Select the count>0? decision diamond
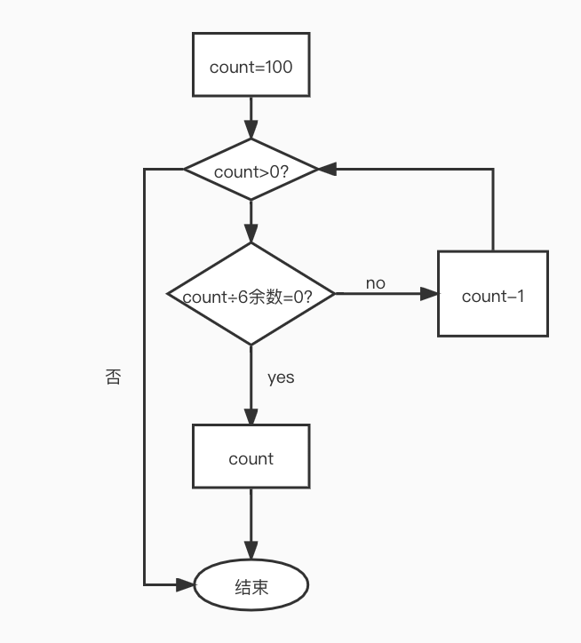click(x=251, y=170)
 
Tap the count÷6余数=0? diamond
click(x=251, y=295)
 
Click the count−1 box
click(x=493, y=294)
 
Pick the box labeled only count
click(x=251, y=456)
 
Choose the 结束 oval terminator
click(x=251, y=586)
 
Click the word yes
click(x=281, y=377)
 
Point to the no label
click(x=376, y=283)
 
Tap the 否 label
click(x=113, y=377)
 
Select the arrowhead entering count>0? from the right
click(x=327, y=170)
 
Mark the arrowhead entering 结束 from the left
click(x=187, y=584)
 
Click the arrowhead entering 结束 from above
click(x=251, y=553)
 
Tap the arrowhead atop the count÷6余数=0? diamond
click(x=251, y=235)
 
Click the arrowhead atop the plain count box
click(x=251, y=417)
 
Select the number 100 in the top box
click(x=278, y=67)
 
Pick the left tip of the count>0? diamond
click(x=185, y=170)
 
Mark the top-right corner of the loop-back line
click(x=493, y=170)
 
